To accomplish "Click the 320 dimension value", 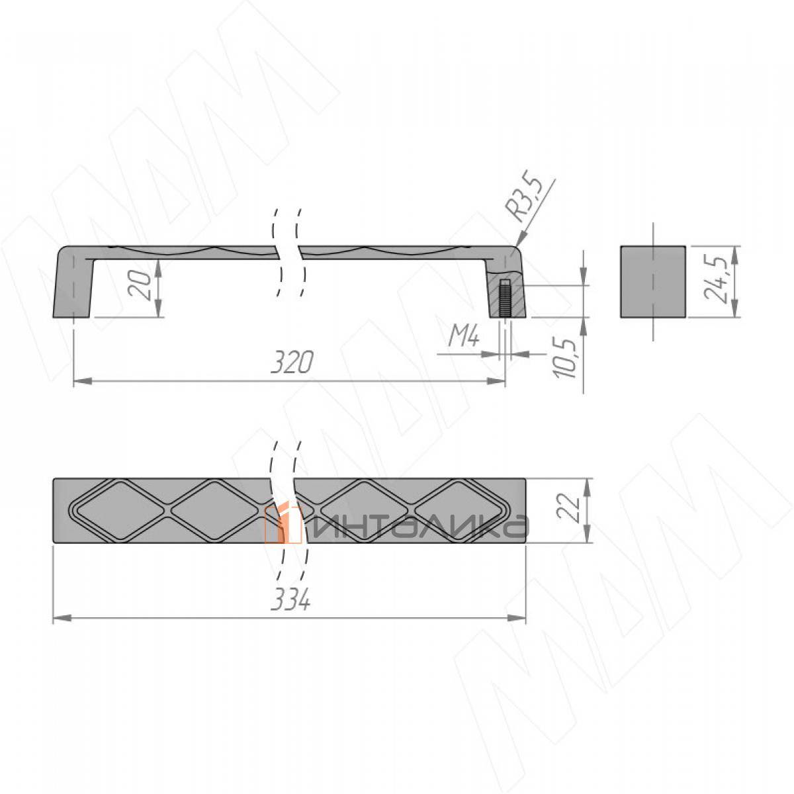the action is click(x=292, y=363).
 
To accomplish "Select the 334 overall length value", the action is click(x=290, y=599).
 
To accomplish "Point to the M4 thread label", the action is click(x=464, y=339).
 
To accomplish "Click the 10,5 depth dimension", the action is click(x=565, y=359).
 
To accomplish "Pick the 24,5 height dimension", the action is click(x=715, y=279).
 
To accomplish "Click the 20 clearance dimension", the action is click(x=140, y=285).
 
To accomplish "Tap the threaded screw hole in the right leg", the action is click(x=505, y=298).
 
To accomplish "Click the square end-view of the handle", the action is click(x=653, y=282).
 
